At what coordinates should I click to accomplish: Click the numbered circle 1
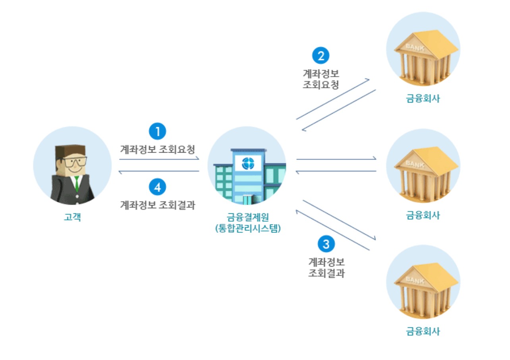tap(157, 132)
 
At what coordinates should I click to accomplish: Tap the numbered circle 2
tap(321, 56)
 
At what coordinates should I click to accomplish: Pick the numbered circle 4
tap(157, 187)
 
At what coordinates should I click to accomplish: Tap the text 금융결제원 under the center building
tap(247, 218)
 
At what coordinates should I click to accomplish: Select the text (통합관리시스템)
tap(247, 229)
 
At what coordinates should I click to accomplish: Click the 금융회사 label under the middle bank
tap(423, 215)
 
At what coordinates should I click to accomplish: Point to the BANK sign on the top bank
tap(415, 48)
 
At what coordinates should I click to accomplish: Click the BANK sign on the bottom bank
tap(415, 281)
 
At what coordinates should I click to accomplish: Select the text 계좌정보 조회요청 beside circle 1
tap(158, 150)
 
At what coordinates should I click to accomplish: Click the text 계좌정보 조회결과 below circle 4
tap(158, 205)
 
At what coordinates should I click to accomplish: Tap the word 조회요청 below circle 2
tap(321, 84)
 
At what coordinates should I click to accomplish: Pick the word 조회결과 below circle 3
tap(326, 273)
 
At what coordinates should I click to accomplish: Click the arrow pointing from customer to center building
tap(159, 159)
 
